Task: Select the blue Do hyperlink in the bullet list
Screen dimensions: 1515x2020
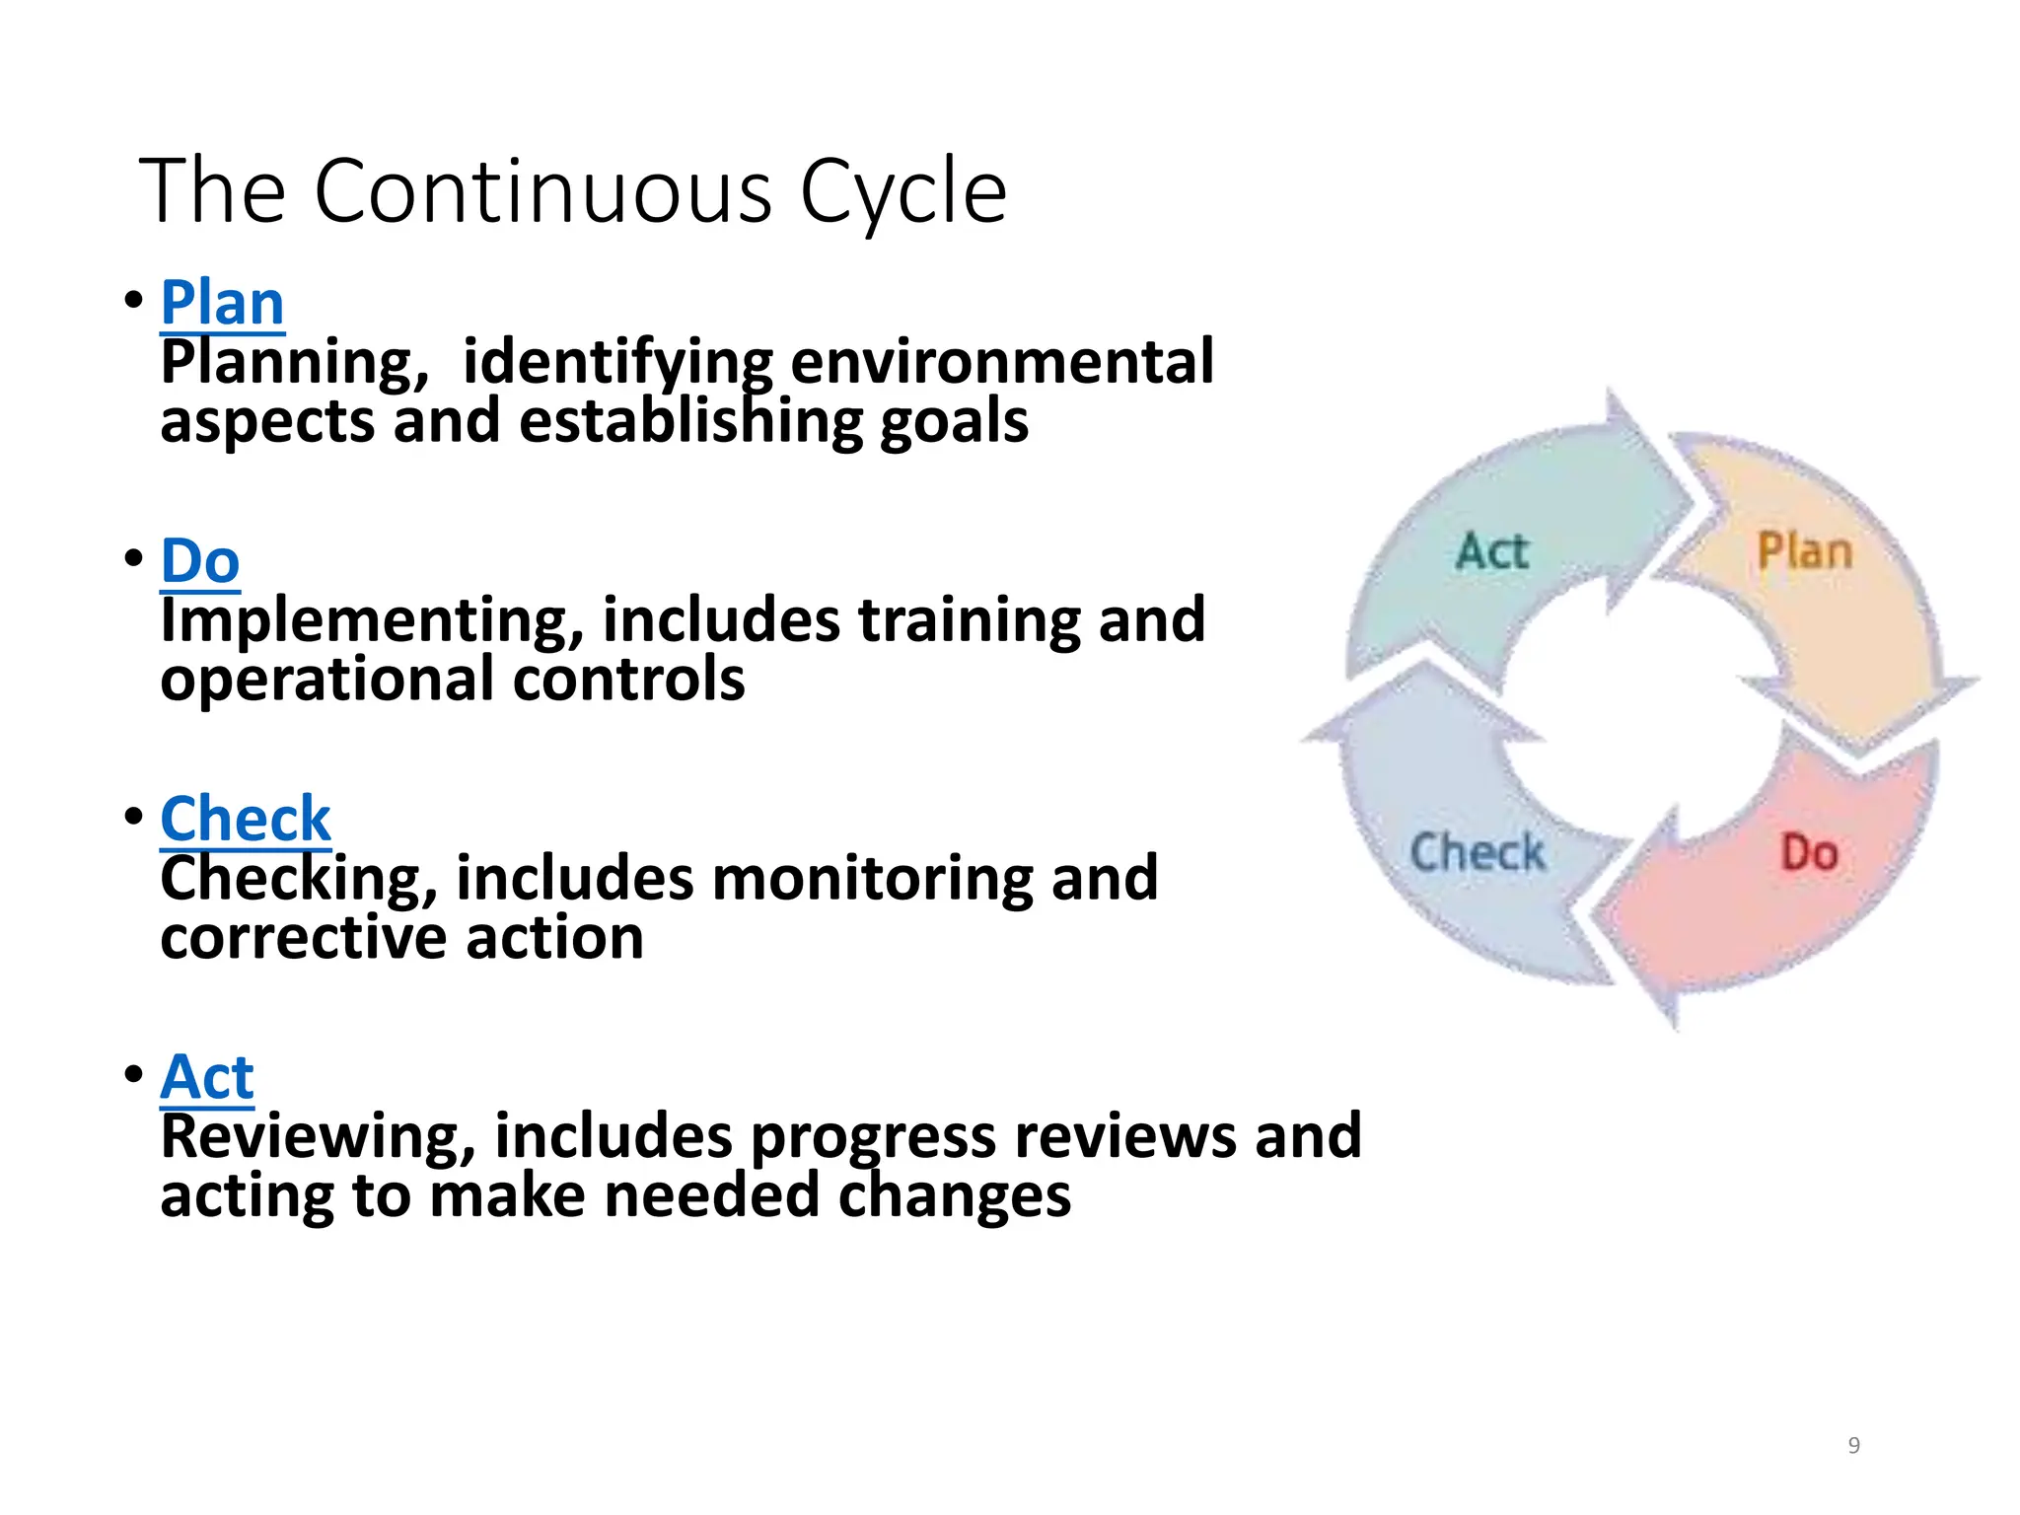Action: [x=200, y=561]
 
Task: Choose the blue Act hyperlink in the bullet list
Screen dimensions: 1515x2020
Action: [x=207, y=1077]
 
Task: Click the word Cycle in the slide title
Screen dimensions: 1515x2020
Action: [x=902, y=192]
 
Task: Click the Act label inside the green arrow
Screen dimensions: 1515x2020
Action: [x=1491, y=551]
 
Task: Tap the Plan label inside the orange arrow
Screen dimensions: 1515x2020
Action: [x=1804, y=551]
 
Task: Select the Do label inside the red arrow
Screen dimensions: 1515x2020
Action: [x=1809, y=853]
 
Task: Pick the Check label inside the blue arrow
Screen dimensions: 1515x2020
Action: [x=1477, y=853]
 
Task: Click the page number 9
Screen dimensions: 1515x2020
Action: [x=1853, y=1446]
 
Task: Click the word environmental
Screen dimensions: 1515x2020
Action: [x=1002, y=362]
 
